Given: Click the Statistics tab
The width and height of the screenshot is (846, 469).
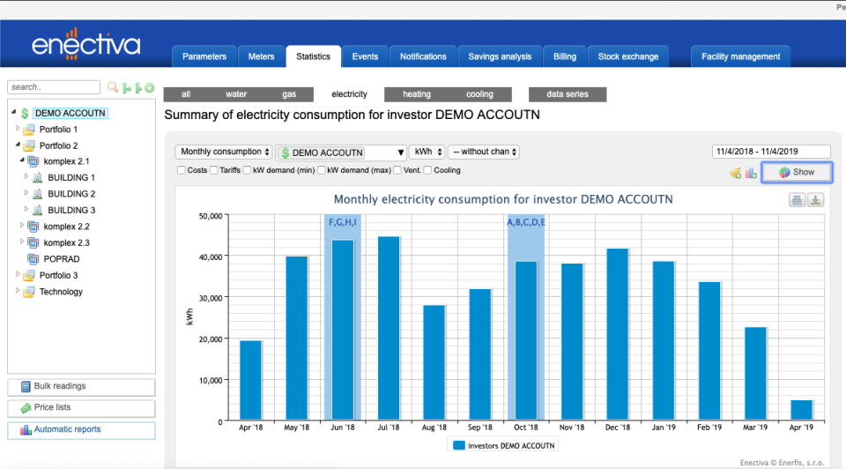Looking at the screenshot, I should (313, 56).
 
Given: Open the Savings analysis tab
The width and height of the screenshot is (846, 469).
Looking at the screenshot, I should (500, 56).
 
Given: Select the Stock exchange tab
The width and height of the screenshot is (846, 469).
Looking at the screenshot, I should (627, 56).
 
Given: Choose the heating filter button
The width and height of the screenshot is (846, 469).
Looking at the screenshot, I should (417, 94).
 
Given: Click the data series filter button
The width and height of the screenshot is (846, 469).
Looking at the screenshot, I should (567, 94).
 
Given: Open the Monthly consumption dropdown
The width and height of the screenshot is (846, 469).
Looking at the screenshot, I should (224, 152).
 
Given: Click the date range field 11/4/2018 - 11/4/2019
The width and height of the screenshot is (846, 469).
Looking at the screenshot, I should (771, 152).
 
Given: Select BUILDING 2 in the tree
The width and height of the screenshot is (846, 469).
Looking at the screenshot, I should (71, 194).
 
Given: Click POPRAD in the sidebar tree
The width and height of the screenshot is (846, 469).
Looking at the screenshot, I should (63, 259).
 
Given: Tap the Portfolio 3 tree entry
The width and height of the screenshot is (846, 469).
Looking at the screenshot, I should (58, 275).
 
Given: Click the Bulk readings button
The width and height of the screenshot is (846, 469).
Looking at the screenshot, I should (81, 387).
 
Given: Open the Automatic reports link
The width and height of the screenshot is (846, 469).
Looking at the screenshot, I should (81, 430).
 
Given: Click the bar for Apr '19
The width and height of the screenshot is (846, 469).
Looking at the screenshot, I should (801, 410).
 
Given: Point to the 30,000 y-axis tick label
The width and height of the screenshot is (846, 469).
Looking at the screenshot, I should (208, 298).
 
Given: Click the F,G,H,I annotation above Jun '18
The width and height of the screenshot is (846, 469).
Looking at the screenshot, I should (343, 222).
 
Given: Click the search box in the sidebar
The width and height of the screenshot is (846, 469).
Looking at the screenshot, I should (54, 87).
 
